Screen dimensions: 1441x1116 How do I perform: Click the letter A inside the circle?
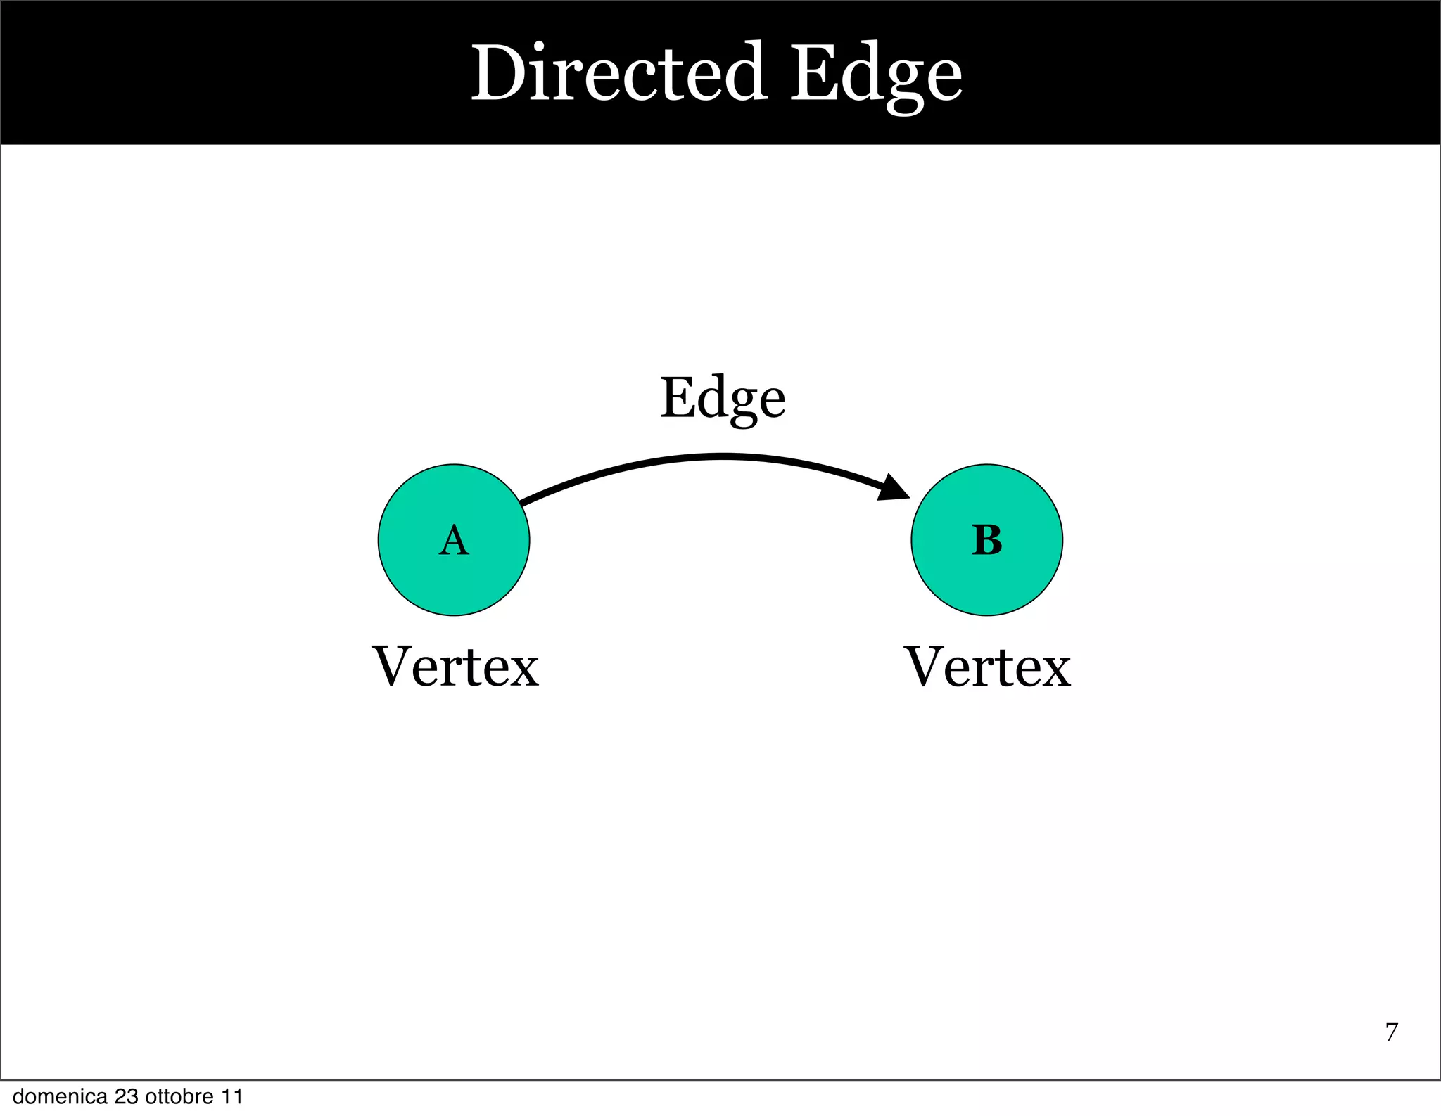pyautogui.click(x=454, y=541)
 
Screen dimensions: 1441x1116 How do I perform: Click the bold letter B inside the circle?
pyautogui.click(x=986, y=541)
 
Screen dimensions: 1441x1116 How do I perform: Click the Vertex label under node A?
pyautogui.click(x=455, y=667)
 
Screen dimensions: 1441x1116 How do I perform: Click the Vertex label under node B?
pyautogui.click(x=987, y=667)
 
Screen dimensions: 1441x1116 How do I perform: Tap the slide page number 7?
pyautogui.click(x=1391, y=1032)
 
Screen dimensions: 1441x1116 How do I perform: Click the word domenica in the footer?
pyautogui.click(x=60, y=1097)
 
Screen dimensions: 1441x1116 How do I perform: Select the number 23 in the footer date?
pyautogui.click(x=126, y=1097)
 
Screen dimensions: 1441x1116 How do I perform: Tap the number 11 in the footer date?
pyautogui.click(x=232, y=1097)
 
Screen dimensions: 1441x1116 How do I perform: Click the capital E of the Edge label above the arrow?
pyautogui.click(x=677, y=398)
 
